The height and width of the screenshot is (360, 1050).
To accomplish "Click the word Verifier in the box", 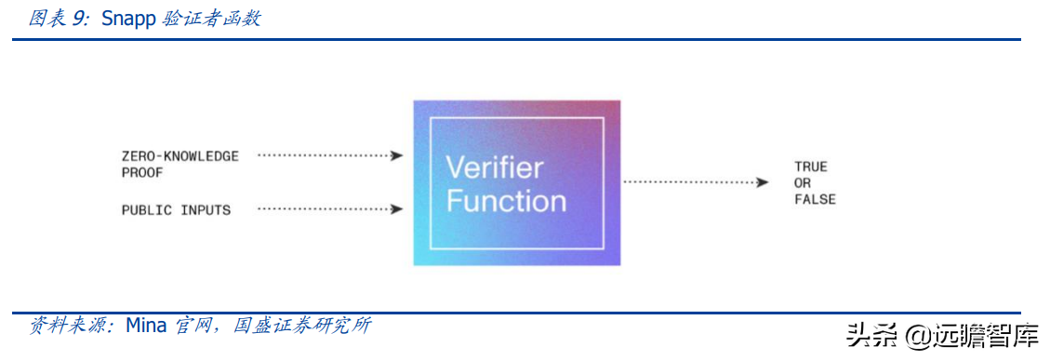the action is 494,168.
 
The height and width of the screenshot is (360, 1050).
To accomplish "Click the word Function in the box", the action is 506,201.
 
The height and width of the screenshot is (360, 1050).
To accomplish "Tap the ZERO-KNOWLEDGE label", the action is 179,156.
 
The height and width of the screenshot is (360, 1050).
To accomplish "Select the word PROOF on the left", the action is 142,172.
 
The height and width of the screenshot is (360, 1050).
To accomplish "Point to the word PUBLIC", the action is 147,210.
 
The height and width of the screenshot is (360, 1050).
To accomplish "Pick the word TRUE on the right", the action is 810,167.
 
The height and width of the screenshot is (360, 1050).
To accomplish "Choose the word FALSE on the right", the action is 815,199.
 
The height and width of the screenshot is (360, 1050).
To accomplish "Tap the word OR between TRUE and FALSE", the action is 803,183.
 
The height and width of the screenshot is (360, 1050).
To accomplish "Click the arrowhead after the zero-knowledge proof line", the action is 397,156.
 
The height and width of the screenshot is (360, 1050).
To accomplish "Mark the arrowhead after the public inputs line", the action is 397,209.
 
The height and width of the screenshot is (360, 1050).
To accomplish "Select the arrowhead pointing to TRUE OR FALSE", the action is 763,181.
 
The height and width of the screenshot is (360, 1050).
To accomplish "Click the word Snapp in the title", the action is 126,19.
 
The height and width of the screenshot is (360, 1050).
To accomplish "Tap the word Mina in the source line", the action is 146,326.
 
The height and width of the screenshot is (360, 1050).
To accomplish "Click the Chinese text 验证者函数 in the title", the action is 211,19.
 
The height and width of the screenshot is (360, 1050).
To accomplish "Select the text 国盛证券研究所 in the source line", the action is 302,326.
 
